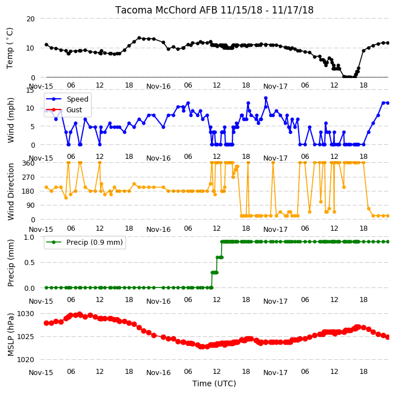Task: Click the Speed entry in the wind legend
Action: [x=77, y=99]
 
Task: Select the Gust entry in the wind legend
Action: [x=74, y=110]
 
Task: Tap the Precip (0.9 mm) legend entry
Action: [x=94, y=242]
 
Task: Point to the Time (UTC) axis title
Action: [x=214, y=383]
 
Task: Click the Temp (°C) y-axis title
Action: [x=10, y=48]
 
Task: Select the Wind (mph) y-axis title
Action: [x=10, y=121]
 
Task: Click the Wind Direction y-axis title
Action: [x=11, y=192]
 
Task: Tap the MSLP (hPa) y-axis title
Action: [x=10, y=335]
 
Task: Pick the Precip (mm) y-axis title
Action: [x=10, y=263]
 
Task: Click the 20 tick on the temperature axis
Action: [x=30, y=19]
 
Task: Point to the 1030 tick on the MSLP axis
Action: [x=25, y=314]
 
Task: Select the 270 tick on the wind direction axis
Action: [x=28, y=177]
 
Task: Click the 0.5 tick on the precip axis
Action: [x=29, y=262]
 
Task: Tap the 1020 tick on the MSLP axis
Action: [x=25, y=360]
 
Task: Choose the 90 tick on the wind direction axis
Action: [x=30, y=205]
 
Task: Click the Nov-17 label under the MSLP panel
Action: [x=275, y=373]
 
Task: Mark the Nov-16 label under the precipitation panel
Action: [x=159, y=301]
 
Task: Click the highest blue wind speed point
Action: [x=265, y=98]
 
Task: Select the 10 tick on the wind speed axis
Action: [x=30, y=108]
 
